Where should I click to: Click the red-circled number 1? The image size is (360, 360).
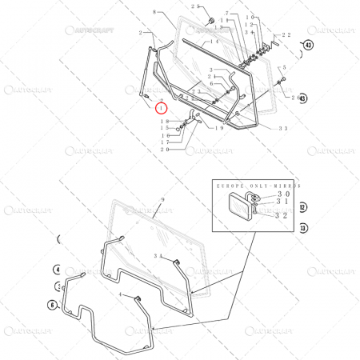coord(162,106)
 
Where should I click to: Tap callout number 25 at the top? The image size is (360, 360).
coord(196,6)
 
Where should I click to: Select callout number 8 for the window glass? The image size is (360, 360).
coord(154,13)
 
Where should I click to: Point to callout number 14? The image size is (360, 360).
coord(214,41)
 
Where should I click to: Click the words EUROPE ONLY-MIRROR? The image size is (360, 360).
coord(257,184)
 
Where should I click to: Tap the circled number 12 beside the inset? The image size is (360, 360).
coord(302,206)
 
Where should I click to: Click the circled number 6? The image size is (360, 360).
coord(53,304)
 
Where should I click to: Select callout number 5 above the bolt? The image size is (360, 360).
coord(282,68)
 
